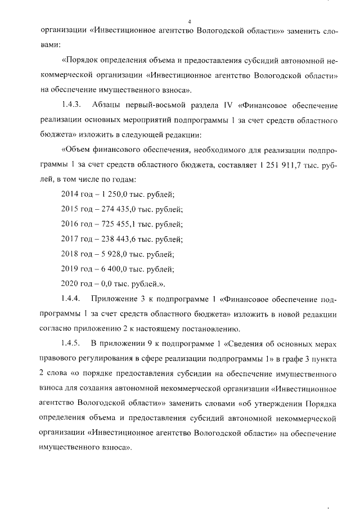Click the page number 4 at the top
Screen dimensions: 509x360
pos(190,21)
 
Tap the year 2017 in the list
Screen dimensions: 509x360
pos(69,238)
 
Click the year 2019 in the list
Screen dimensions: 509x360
pos(69,268)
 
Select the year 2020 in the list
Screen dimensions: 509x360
pos(69,283)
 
